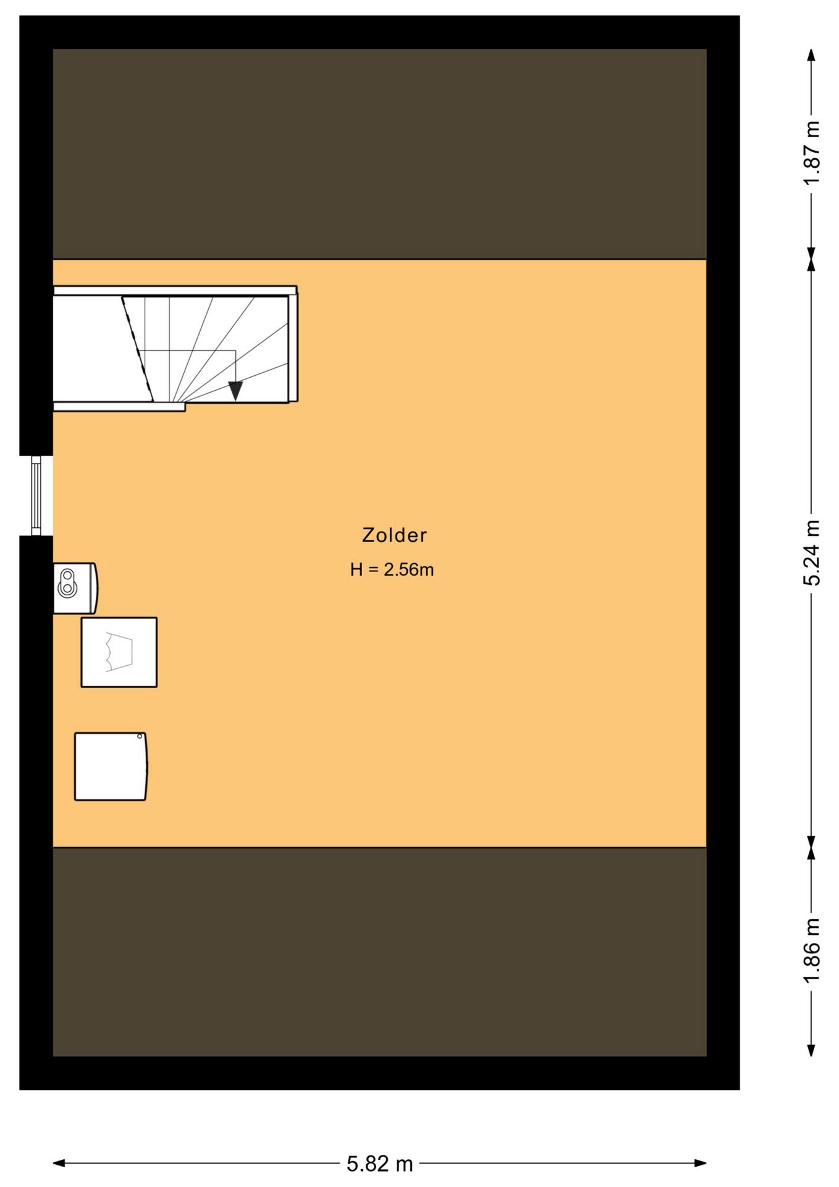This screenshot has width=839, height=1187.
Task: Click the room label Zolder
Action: pos(394,535)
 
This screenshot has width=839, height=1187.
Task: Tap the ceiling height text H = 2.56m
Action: pos(392,569)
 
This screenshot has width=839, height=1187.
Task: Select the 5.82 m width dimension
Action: pos(379,1164)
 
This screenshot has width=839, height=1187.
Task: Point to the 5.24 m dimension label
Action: pos(812,553)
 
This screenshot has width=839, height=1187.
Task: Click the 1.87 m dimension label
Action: pos(812,153)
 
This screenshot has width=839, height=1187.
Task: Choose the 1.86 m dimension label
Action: pos(812,950)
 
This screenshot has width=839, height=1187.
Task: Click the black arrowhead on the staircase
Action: pos(235,391)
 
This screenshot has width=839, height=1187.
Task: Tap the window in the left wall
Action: pos(36,496)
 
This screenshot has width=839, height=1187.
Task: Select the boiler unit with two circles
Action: pos(75,588)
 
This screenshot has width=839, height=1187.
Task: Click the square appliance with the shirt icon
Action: pos(119,652)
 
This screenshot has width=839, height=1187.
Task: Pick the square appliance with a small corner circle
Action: pos(111,767)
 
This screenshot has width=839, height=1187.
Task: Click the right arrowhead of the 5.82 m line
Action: pos(701,1164)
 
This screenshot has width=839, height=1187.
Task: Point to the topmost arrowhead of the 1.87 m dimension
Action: pos(812,55)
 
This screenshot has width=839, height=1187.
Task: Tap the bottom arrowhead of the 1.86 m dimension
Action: pos(812,1050)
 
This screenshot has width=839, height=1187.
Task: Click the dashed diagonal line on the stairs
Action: pos(137,349)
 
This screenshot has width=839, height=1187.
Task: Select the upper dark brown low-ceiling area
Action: pos(379,153)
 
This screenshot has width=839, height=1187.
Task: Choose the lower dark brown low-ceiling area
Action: pos(379,952)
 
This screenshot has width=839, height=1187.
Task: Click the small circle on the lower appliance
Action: pos(140,736)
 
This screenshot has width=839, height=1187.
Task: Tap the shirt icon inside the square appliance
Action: pos(119,652)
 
